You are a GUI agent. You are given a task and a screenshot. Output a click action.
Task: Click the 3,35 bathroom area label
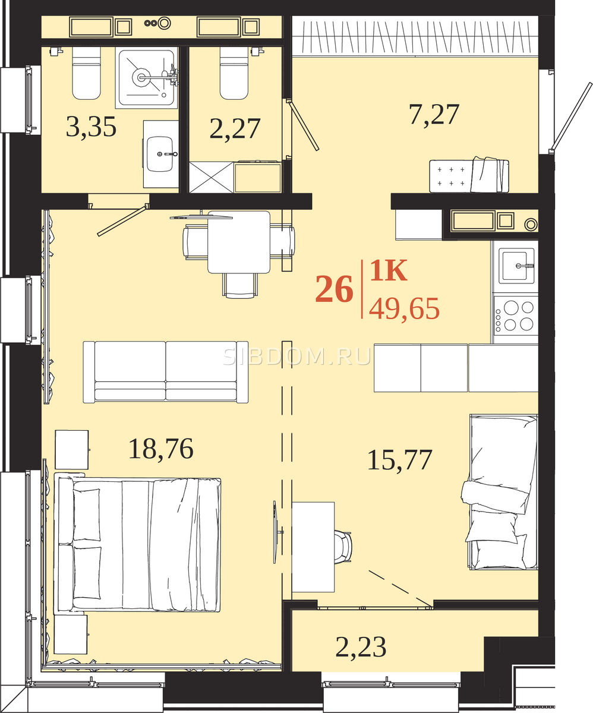coord(91,127)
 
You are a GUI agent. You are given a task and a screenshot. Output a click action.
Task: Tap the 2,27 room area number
coord(235,128)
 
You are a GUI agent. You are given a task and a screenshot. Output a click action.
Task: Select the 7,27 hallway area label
coord(434,115)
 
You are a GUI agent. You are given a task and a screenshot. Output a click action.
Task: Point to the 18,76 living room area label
coord(161,449)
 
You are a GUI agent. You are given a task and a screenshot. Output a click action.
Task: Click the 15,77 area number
coord(400,460)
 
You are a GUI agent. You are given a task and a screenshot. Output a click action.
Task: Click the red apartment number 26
coord(334,289)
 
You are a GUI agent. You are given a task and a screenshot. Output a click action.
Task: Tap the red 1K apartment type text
coord(389,270)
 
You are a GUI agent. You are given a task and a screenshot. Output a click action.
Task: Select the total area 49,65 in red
coord(404,308)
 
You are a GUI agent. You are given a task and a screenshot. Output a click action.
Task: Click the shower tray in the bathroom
coord(147,78)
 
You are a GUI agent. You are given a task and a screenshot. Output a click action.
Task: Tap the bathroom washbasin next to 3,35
coord(160,154)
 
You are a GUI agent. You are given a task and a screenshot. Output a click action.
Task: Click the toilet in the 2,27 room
coord(234,73)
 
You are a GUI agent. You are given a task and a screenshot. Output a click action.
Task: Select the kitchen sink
coord(516,266)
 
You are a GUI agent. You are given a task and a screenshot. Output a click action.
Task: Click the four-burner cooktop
coord(516,316)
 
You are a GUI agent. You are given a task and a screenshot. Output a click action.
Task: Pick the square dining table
coord(239,242)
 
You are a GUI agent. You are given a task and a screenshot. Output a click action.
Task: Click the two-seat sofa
coord(166,372)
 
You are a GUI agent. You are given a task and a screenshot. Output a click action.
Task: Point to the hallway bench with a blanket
coord(469,176)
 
